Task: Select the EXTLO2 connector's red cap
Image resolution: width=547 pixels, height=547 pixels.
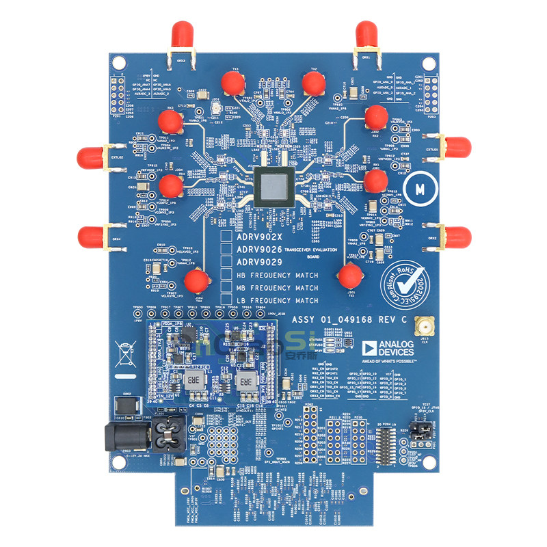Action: pos(90,155)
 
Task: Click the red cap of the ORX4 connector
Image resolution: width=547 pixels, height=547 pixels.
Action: pos(90,237)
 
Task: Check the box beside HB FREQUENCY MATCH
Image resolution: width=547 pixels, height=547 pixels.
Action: pos(226,275)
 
